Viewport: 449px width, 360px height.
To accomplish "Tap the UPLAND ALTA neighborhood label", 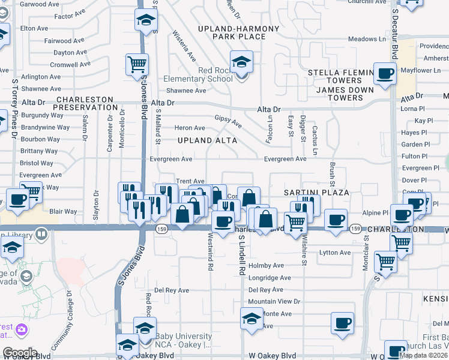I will tap(207, 140).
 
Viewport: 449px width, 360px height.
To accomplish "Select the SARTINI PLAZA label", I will tap(316, 192).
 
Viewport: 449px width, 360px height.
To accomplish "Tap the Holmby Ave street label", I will tap(266, 265).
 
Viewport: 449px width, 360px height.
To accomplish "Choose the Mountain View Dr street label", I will tap(274, 301).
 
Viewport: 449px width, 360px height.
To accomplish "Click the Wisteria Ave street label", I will tap(184, 46).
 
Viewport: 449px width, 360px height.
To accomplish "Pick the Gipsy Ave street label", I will tap(229, 122).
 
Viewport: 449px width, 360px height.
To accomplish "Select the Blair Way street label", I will tap(63, 211).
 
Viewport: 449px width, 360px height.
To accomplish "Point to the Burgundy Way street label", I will tap(42, 115).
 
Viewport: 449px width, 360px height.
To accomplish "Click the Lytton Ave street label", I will tap(334, 253).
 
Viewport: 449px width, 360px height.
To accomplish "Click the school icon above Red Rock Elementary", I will tap(241, 62).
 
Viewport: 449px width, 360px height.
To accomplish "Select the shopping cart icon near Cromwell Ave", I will tap(137, 64).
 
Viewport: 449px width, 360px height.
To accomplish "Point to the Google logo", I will tap(20, 353).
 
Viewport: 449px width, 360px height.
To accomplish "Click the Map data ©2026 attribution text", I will tap(424, 355).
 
